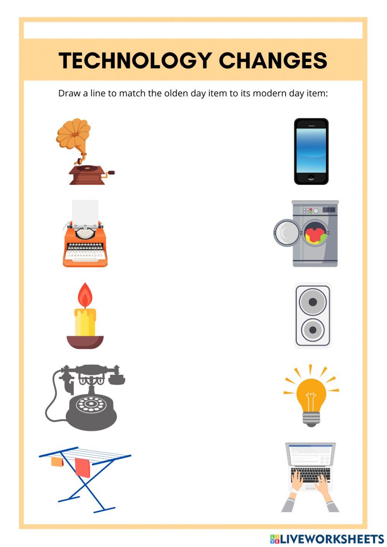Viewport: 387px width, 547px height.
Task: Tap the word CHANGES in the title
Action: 273,60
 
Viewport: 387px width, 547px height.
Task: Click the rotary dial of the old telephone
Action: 91,404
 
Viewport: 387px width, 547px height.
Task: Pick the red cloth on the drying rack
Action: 82,467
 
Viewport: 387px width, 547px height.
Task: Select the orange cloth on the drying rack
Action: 57,461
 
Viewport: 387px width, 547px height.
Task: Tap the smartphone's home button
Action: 311,178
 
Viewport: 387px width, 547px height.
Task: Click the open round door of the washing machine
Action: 286,233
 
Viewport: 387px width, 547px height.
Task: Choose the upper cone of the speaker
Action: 313,302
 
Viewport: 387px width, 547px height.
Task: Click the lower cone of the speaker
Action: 313,330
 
